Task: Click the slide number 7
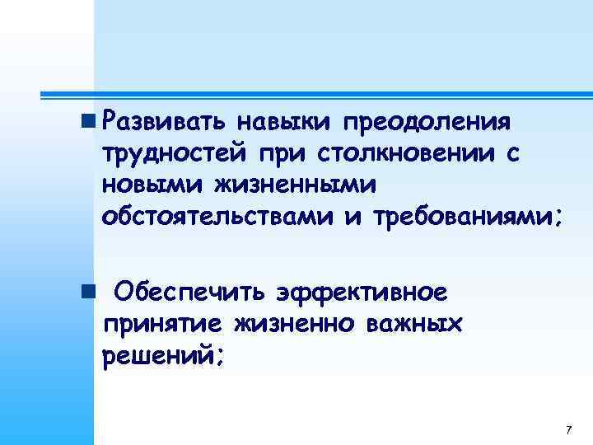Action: (x=568, y=431)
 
